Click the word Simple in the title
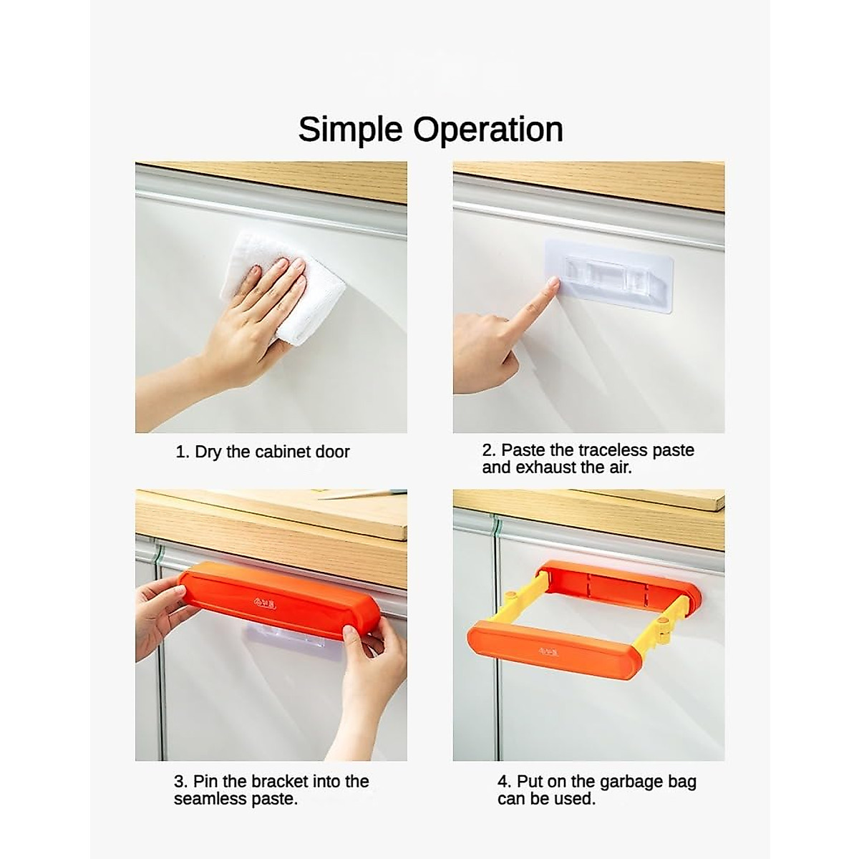pos(350,130)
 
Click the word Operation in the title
pos(487,130)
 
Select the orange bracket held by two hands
pos(279,603)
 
